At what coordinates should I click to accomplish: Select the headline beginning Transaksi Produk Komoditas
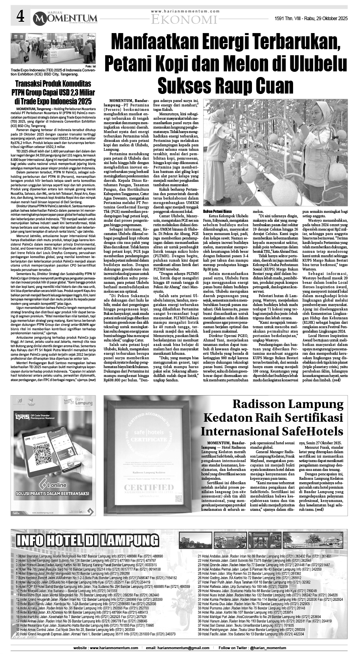(x=53, y=93)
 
